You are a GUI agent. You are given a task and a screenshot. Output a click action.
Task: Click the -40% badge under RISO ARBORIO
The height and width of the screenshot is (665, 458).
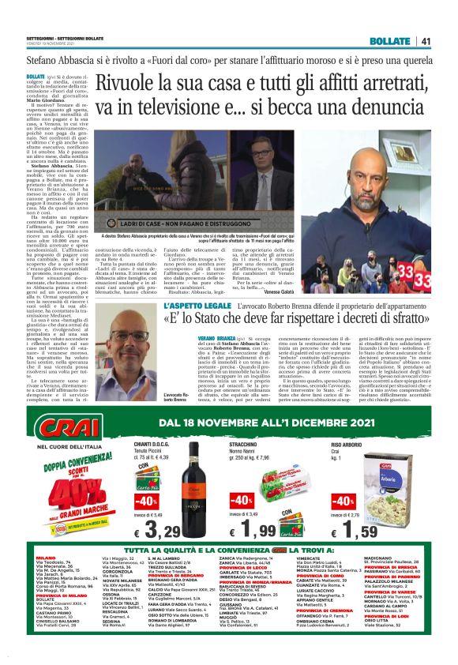[344, 502]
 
